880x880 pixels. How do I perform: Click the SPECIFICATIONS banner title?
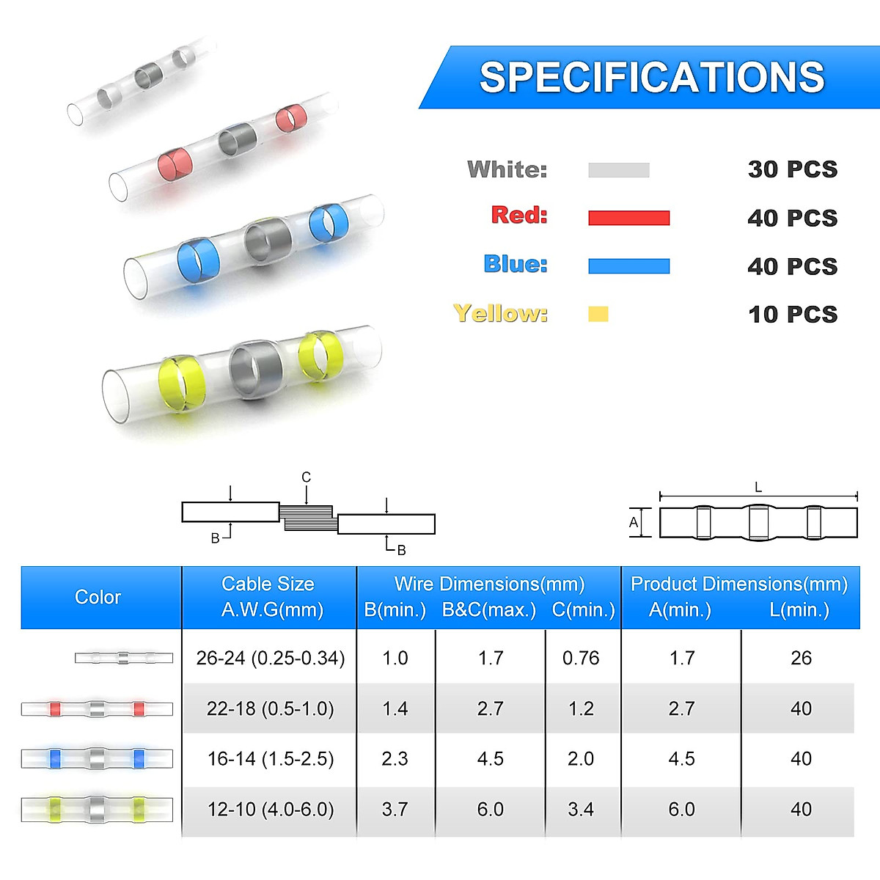(652, 77)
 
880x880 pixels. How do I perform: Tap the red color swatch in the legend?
(628, 218)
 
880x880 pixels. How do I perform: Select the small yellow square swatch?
(598, 314)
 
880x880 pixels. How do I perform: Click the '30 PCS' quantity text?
(792, 169)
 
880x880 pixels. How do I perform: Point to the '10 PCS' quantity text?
(792, 315)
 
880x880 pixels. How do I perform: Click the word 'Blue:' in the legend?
(516, 264)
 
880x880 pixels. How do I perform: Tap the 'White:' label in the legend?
(507, 169)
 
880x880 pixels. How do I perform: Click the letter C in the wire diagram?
(307, 477)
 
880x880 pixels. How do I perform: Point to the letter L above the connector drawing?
(758, 487)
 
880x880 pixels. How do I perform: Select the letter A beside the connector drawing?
(634, 523)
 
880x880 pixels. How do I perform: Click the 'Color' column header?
(98, 597)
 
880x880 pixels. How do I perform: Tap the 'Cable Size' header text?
(268, 584)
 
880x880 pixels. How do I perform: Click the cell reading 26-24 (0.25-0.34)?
(270, 658)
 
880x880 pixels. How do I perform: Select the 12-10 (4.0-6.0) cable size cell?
(270, 810)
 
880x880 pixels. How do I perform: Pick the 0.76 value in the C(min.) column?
(581, 658)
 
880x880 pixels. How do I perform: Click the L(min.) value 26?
(801, 658)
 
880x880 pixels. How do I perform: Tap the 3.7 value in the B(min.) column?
(395, 810)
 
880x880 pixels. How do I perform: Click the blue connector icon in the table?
(97, 758)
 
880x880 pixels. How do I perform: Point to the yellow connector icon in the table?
(97, 810)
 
